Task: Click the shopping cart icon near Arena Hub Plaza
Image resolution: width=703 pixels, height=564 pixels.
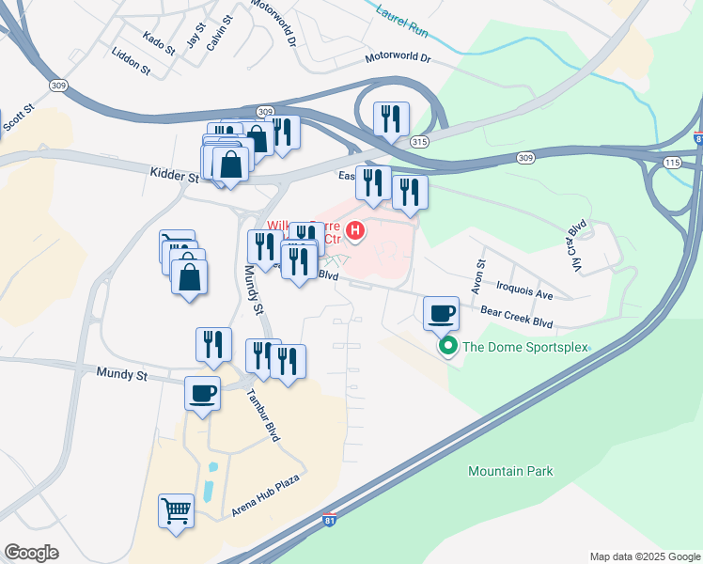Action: tap(177, 511)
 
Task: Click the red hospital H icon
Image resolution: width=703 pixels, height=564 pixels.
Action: tap(355, 228)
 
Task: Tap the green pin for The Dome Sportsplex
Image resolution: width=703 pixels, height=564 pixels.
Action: tap(448, 347)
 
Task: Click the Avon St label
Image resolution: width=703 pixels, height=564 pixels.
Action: tap(478, 275)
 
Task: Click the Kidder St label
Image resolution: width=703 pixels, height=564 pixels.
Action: tap(174, 175)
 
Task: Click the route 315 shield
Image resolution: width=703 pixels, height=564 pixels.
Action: tap(420, 141)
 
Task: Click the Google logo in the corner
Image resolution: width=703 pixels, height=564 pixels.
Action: tap(31, 553)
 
